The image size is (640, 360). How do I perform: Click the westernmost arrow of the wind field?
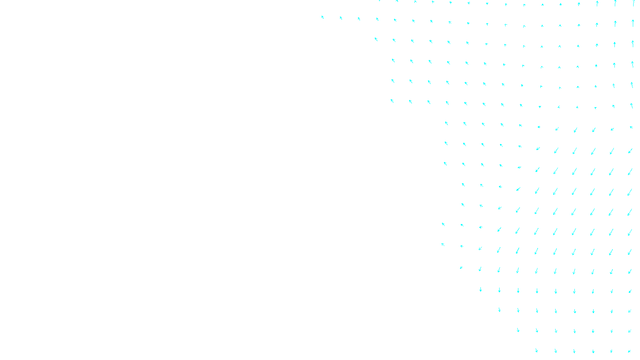(323, 17)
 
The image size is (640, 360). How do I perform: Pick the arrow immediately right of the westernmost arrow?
(341, 18)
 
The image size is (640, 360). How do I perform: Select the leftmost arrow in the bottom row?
(536, 351)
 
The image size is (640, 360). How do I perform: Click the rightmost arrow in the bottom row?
(630, 351)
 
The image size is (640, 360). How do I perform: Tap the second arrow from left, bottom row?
(556, 351)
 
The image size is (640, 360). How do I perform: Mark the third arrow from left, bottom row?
(574, 351)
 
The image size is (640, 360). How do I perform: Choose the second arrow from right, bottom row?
(611, 351)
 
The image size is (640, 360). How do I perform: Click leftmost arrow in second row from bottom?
(518, 330)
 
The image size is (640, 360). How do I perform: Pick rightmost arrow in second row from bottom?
(630, 331)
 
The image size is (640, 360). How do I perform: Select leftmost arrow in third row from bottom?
(500, 310)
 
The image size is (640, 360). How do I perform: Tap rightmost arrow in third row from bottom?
(630, 311)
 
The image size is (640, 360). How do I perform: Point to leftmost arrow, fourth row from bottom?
(481, 290)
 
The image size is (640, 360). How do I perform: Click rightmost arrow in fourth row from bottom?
(630, 291)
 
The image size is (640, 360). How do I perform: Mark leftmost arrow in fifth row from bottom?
(461, 267)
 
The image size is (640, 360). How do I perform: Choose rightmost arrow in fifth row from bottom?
(630, 271)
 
